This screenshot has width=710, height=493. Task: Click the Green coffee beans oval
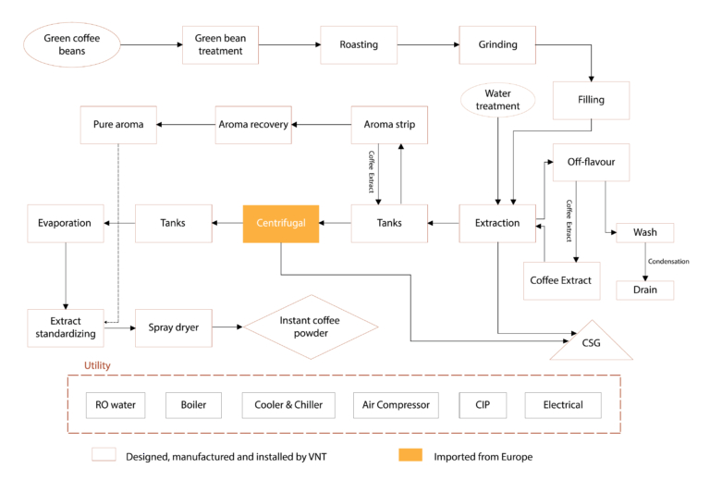(x=72, y=44)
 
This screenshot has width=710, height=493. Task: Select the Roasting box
(x=358, y=44)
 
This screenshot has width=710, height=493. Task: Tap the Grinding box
(x=497, y=44)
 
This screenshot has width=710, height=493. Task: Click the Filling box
(x=591, y=100)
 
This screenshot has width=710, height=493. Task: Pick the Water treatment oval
(x=497, y=100)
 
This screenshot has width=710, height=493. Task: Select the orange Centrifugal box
(x=280, y=223)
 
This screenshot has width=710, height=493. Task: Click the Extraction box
(x=497, y=223)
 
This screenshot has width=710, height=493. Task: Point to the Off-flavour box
(x=591, y=162)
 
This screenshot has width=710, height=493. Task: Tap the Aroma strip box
(x=389, y=125)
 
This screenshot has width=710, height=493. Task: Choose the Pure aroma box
(x=118, y=125)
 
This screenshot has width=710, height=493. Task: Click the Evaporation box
(x=65, y=223)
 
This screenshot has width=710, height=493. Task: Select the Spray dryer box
(x=174, y=327)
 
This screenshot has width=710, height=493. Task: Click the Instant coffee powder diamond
(x=311, y=327)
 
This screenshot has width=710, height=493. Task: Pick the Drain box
(x=644, y=290)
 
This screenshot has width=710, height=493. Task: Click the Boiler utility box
(x=193, y=405)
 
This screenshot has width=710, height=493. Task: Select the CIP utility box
(x=483, y=405)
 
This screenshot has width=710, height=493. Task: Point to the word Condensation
(x=667, y=262)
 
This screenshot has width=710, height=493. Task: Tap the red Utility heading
(x=97, y=366)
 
